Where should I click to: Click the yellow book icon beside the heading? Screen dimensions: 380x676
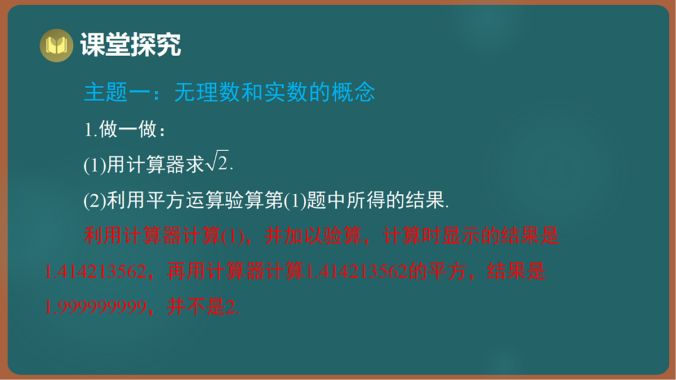[x=56, y=45]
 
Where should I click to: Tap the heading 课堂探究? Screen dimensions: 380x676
[x=131, y=44]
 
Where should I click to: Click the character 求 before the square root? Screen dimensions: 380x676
[x=195, y=164]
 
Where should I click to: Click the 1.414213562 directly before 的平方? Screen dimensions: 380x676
[x=355, y=272]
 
